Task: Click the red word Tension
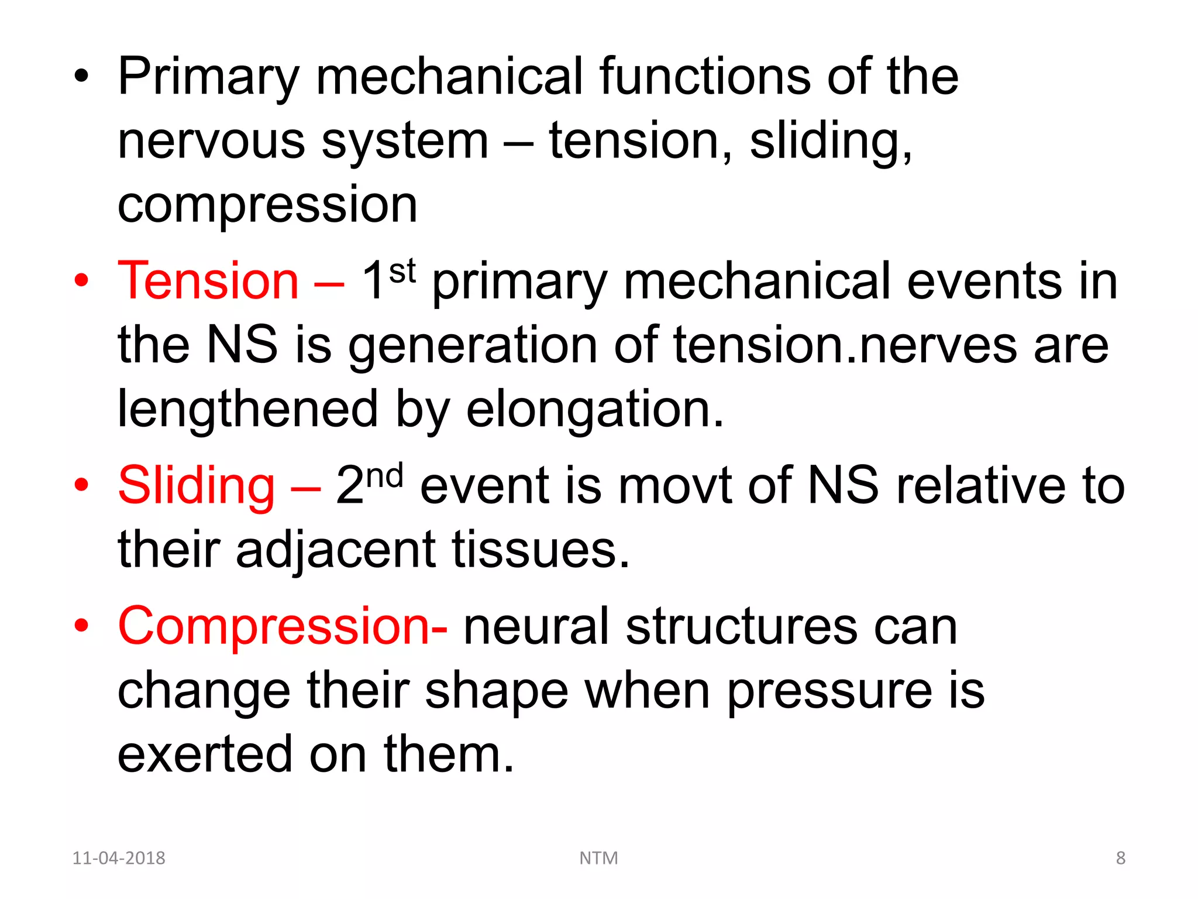tap(208, 282)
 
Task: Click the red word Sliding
tap(196, 486)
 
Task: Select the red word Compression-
tap(283, 626)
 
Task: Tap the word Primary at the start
tap(208, 77)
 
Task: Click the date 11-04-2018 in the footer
tap(119, 858)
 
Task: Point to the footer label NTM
tap(598, 858)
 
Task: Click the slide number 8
tap(1120, 858)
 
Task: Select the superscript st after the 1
tap(402, 271)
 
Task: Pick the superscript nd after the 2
tap(385, 475)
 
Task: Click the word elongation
tap(595, 409)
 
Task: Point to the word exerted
tap(205, 754)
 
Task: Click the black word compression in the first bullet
tap(267, 205)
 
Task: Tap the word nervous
tap(211, 142)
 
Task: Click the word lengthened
tap(247, 409)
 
